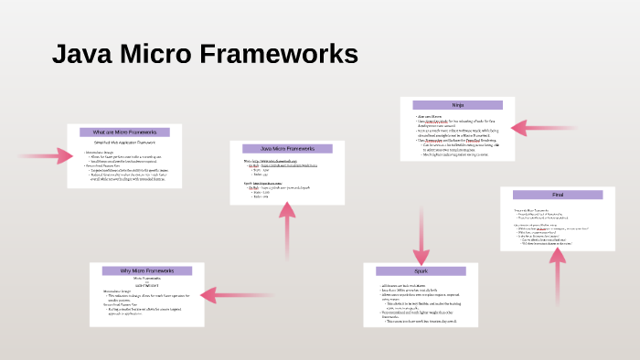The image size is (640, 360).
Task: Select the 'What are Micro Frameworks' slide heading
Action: click(x=124, y=132)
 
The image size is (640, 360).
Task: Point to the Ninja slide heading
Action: click(x=457, y=105)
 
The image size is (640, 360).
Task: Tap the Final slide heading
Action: click(x=557, y=195)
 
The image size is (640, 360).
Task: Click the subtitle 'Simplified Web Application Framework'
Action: click(x=125, y=143)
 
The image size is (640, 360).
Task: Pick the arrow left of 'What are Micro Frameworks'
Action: click(x=46, y=155)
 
